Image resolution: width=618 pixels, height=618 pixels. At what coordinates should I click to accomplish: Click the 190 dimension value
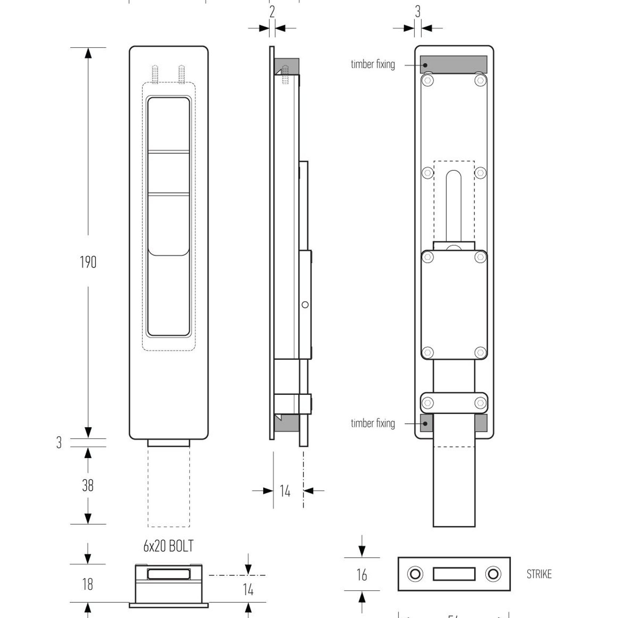coord(88,262)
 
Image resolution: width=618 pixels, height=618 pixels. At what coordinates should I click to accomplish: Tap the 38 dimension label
coord(88,486)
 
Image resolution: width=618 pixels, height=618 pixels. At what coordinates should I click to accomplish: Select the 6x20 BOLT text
coord(168,546)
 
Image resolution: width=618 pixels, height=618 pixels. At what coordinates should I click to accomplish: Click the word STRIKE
coord(539,574)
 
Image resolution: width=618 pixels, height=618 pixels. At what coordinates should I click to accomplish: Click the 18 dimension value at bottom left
coord(87,584)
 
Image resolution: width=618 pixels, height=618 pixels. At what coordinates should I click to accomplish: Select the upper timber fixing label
coord(373,64)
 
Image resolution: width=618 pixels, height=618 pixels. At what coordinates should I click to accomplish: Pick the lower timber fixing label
coord(373,423)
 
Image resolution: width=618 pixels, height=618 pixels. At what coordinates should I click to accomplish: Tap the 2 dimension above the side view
coord(272,12)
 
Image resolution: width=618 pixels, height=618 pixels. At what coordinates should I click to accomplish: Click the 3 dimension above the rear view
coord(417,12)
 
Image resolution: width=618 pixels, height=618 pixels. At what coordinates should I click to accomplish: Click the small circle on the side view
coord(305,305)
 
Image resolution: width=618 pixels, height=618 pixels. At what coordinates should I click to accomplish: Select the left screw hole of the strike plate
coord(415,574)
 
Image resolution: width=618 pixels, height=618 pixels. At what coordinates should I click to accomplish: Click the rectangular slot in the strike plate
coord(454,574)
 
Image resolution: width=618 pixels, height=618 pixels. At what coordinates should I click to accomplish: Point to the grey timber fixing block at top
coord(454,65)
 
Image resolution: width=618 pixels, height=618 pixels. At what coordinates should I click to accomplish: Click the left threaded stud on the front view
coord(155,74)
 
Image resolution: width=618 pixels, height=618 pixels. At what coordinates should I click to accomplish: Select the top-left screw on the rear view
coord(428,80)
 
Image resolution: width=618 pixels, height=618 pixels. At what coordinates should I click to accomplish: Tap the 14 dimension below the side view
coord(285,491)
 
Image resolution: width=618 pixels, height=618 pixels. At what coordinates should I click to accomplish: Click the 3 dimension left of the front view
coord(59,442)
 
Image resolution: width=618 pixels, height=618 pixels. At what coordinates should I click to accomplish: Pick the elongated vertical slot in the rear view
coord(454,206)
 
